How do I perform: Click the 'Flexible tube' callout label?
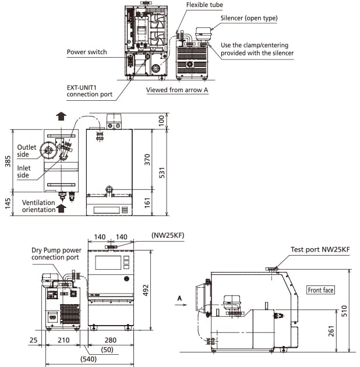(x=204, y=5)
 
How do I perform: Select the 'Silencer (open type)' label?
(x=249, y=18)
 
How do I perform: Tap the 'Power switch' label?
(x=87, y=52)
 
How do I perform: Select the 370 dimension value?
(x=147, y=158)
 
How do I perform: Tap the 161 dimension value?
(x=147, y=202)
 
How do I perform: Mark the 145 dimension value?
(x=8, y=202)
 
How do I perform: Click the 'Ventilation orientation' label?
(x=38, y=206)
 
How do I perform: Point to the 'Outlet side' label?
(x=27, y=150)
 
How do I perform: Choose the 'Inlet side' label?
(x=23, y=172)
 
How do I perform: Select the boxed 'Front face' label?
(x=320, y=290)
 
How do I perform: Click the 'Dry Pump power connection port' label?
(x=55, y=253)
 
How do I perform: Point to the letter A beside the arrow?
(x=179, y=297)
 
